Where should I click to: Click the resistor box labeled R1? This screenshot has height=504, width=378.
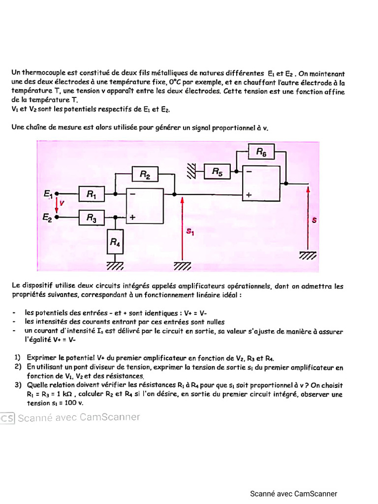click(92, 194)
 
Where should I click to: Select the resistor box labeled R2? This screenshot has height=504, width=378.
click(145, 174)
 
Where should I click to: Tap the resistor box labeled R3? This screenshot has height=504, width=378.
click(92, 217)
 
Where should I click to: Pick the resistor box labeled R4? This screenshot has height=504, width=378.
click(115, 242)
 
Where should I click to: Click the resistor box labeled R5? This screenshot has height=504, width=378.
click(217, 171)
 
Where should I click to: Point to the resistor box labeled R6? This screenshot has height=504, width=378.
click(261, 153)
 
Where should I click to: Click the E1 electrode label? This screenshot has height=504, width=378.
click(48, 194)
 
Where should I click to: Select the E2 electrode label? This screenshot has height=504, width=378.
click(48, 217)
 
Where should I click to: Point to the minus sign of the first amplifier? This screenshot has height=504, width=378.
click(132, 194)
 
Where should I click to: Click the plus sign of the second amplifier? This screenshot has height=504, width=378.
click(249, 195)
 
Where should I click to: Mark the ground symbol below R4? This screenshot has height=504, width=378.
click(115, 266)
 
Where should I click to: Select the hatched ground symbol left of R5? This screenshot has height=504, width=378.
click(191, 171)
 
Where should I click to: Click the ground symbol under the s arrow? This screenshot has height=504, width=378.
click(308, 255)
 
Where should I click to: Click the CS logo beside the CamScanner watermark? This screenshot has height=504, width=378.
click(7, 418)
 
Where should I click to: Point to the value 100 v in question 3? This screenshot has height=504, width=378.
click(73, 403)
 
